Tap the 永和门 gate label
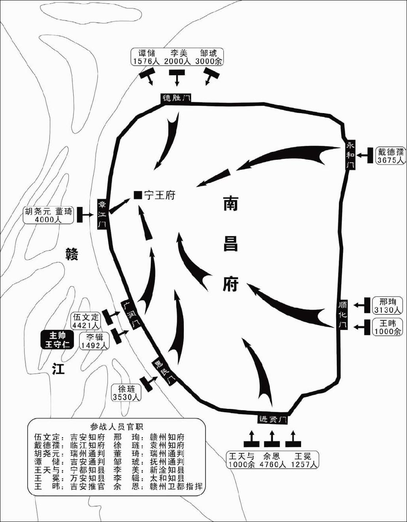(x=350, y=155)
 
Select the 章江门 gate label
(x=102, y=214)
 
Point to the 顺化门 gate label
(x=343, y=315)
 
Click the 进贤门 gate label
(x=272, y=419)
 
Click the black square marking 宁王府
(x=138, y=195)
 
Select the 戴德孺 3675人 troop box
(x=390, y=156)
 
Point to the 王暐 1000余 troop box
(x=387, y=327)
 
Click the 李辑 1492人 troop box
(x=94, y=341)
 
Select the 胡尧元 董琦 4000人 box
(x=49, y=215)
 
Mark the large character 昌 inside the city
(x=230, y=244)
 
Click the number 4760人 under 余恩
(x=273, y=464)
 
